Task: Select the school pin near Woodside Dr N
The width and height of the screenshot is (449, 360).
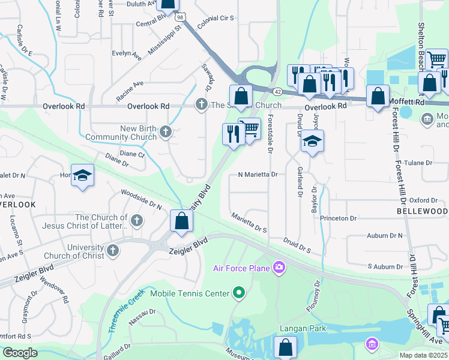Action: pos(83,175)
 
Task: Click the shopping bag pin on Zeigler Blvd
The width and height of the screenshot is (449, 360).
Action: pos(181,221)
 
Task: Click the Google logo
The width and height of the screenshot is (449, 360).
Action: pos(20,353)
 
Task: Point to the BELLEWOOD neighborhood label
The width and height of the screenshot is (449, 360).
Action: pos(422,212)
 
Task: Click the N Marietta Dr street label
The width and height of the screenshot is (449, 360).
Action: pos(258,175)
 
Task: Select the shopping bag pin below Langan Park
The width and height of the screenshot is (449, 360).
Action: pos(285,347)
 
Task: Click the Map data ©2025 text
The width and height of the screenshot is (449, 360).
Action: pos(423,355)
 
